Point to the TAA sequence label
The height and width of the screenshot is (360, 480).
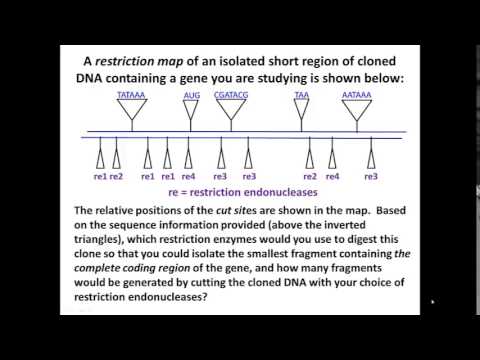pos(301,94)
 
